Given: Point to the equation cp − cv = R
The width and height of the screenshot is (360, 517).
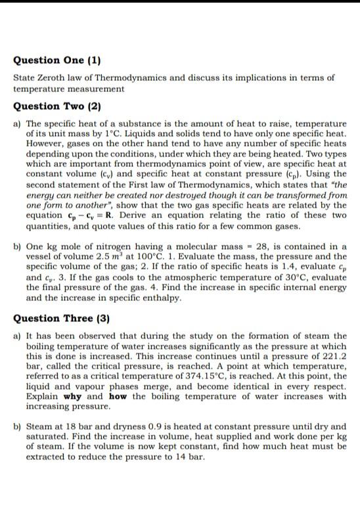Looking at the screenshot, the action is (x=88, y=215).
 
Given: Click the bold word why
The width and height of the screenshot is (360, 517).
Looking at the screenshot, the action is (x=73, y=397).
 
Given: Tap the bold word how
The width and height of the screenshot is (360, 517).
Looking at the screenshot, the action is (x=118, y=397).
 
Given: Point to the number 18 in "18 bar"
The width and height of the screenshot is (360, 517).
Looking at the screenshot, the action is (x=65, y=427).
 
